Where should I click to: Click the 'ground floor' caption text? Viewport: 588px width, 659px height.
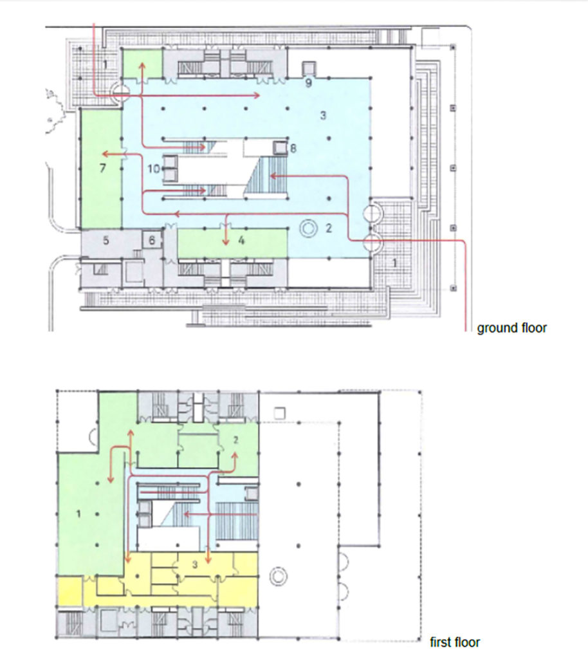tap(511, 328)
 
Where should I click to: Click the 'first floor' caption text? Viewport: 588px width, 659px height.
tap(454, 642)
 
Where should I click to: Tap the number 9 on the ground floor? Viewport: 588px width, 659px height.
tap(309, 83)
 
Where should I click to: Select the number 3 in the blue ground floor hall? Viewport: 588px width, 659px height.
tap(323, 115)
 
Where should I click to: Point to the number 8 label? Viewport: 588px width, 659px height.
tap(293, 148)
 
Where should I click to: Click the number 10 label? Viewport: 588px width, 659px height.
tap(154, 169)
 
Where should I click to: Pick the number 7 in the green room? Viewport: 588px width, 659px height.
tap(102, 168)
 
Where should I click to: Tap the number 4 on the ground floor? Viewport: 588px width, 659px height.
tap(241, 241)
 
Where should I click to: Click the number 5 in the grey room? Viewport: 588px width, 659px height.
tap(106, 241)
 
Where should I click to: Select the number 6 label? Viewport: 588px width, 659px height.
tap(152, 241)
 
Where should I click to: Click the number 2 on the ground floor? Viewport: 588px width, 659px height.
tap(329, 228)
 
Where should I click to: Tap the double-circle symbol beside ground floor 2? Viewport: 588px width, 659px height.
tap(309, 228)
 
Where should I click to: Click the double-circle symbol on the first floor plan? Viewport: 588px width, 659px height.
tap(278, 577)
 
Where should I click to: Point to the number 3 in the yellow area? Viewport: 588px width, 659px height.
tap(195, 564)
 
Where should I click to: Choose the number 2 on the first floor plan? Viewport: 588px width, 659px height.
tap(235, 440)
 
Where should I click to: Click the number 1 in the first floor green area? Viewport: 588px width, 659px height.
tap(78, 514)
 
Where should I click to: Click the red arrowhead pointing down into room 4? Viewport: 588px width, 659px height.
tap(226, 242)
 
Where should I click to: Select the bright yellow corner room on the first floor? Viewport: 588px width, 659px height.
tap(69, 591)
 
